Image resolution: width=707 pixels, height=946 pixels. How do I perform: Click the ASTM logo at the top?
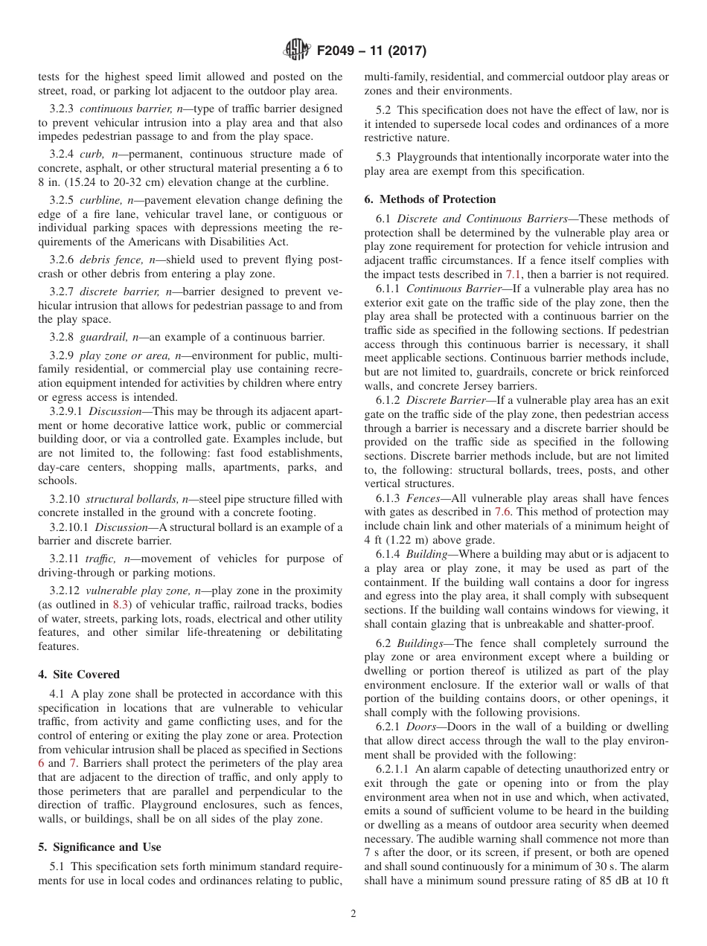click(x=298, y=51)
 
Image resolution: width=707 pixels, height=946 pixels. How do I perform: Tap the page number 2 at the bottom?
click(x=353, y=914)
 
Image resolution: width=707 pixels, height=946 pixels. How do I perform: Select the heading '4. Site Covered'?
click(x=79, y=675)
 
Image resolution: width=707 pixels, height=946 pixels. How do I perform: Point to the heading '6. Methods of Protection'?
click(x=430, y=199)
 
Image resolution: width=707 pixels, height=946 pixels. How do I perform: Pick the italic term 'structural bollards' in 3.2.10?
click(x=126, y=499)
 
